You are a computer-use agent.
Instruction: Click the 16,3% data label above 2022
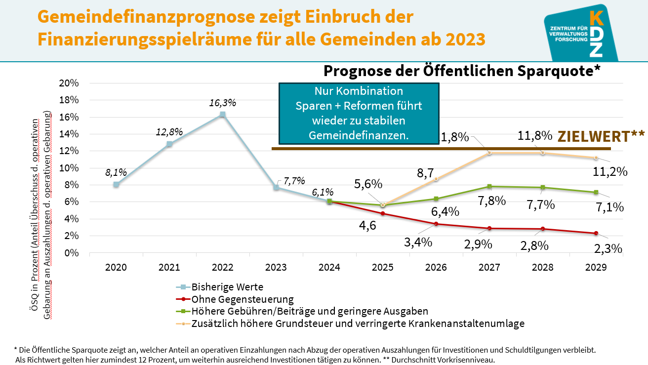point(223,103)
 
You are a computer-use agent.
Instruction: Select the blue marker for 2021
point(169,144)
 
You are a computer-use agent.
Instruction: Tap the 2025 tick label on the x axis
point(383,267)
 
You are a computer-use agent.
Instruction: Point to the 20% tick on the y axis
point(69,83)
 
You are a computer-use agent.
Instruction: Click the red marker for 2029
point(596,233)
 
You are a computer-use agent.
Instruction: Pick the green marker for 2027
point(489,186)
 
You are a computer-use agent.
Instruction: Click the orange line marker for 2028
point(542,153)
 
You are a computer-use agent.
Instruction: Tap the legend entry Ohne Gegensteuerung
point(243,299)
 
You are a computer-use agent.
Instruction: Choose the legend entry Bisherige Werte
point(227,287)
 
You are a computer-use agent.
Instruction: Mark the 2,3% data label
point(607,248)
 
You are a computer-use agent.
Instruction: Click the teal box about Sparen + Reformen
point(359,113)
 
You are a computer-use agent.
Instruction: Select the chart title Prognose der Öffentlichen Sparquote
point(461,71)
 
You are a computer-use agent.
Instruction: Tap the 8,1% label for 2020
point(116,173)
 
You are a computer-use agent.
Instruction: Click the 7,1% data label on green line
point(609,207)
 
